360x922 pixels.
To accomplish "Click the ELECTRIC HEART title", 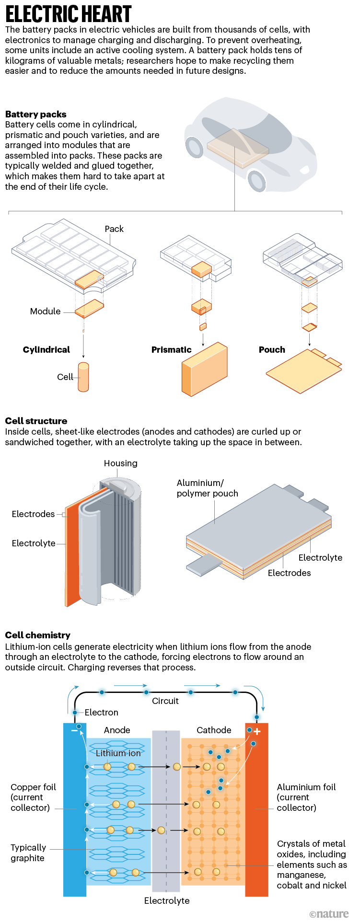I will [x=69, y=14].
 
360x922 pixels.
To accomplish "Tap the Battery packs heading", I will [x=36, y=114].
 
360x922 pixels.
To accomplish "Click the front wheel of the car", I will [x=257, y=180].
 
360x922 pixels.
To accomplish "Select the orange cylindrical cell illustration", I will [x=83, y=377].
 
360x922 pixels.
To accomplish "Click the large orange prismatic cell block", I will [x=204, y=369].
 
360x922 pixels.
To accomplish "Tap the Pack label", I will [x=114, y=229].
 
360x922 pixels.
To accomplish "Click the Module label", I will [x=45, y=311].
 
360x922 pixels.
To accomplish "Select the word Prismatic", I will [x=171, y=350].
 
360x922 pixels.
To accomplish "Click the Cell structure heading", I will [x=36, y=421].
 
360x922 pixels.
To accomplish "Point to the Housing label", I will [x=120, y=463].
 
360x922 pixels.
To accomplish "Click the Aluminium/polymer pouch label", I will [x=207, y=488].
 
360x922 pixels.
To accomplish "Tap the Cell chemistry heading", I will [x=37, y=635].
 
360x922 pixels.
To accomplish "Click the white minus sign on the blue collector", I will [x=74, y=731].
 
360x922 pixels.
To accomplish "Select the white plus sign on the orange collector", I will [x=257, y=731].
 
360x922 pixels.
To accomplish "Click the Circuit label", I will [x=165, y=701].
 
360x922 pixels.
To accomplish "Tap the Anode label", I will [x=117, y=730].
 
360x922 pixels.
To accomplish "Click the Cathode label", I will [x=214, y=730].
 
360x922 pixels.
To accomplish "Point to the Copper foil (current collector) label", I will [x=33, y=797].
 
